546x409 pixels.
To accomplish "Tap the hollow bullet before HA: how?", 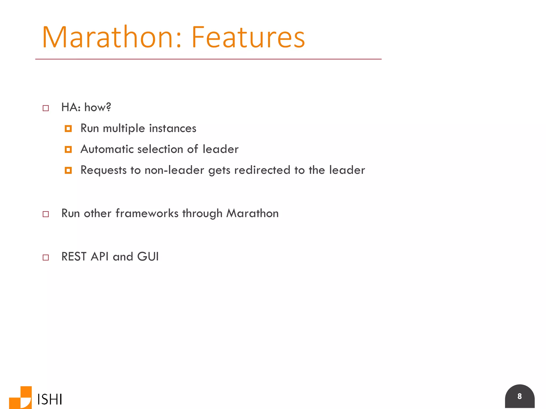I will [x=46, y=108].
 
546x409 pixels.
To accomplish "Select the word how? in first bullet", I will [x=98, y=107].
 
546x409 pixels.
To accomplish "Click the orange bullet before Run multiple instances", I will [x=68, y=129].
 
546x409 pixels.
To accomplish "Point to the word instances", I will [x=172, y=128].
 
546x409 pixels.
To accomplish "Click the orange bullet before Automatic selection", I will [x=68, y=150].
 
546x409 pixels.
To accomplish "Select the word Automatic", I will [x=107, y=149].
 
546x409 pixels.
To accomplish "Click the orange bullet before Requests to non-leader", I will [x=68, y=170].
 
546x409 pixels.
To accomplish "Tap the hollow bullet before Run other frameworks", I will [x=46, y=214].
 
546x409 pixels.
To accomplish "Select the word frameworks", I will [x=147, y=213].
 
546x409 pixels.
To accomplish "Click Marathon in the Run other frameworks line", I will [x=252, y=213].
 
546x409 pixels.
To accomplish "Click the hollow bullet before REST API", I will [x=46, y=257].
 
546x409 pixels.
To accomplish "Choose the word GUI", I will [x=148, y=257].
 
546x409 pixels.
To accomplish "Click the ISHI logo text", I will [x=50, y=399].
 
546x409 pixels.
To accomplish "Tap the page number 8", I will [x=519, y=396].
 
